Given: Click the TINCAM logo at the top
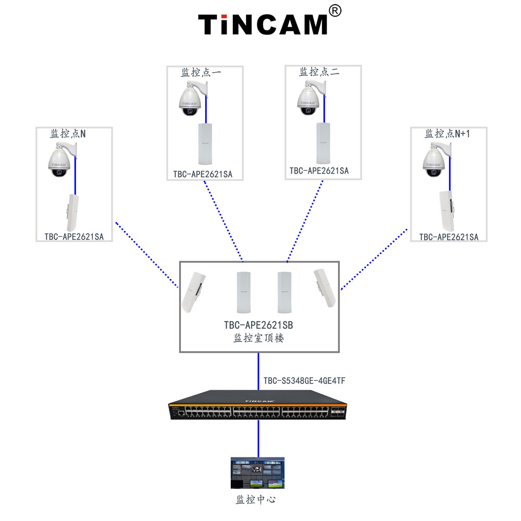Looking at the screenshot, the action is (263, 24).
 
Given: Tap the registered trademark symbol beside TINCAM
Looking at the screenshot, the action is (335, 11).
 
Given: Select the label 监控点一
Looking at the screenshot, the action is (201, 72).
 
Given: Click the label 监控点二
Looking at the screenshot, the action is (319, 72).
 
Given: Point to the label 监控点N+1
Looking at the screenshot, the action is (447, 133).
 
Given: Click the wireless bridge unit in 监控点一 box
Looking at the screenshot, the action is (205, 144).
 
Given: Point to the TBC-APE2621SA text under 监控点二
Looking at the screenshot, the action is (319, 171).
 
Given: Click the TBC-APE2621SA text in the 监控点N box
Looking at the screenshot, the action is (74, 237).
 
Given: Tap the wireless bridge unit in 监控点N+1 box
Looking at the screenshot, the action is (446, 211).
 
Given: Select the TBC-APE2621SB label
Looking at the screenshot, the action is (258, 325).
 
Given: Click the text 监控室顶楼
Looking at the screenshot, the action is (258, 338).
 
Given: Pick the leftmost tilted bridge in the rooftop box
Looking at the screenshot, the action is (193, 292).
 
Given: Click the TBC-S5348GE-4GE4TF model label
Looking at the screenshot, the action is (304, 381).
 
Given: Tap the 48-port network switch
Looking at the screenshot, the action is (257, 405).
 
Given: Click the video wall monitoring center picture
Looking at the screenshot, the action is (257, 473).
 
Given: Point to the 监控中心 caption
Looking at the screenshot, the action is (256, 500).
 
